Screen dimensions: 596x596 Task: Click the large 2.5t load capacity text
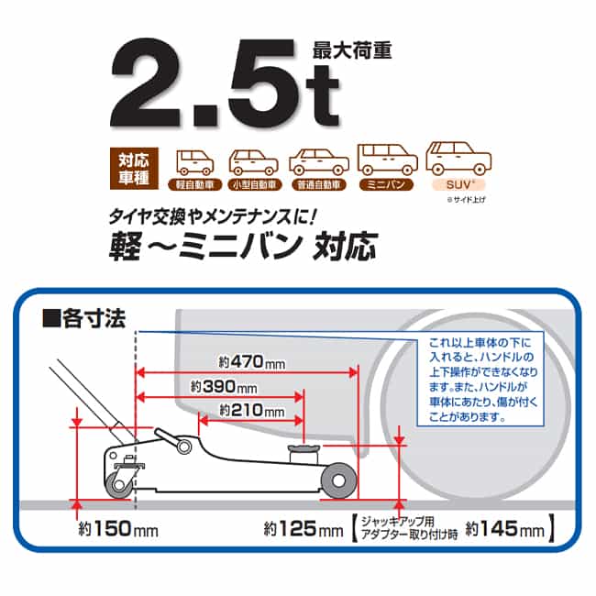tap(225, 83)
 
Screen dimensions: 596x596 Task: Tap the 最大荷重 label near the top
tap(352, 51)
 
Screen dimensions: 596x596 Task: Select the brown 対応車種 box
tap(134, 169)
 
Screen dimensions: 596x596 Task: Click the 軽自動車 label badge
tap(195, 185)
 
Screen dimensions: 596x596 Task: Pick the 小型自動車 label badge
tap(254, 185)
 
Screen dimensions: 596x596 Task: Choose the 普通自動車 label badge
tap(318, 185)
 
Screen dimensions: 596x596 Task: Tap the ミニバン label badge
tap(386, 184)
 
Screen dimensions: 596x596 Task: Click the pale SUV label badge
tap(458, 184)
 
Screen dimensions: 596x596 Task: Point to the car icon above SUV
tap(458, 158)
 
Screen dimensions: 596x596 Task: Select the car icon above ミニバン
tap(387, 160)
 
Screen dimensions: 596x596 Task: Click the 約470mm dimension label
tap(251, 362)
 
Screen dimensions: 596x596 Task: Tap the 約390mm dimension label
tap(224, 387)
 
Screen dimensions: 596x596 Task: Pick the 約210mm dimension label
tap(251, 411)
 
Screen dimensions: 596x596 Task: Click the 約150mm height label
tap(118, 528)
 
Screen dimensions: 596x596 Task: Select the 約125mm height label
tap(304, 528)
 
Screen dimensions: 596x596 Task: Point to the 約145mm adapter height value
tap(505, 528)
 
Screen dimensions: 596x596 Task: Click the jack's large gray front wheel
tap(338, 480)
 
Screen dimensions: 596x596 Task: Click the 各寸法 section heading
tap(84, 318)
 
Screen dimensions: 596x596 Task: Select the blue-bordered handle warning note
tap(480, 379)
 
